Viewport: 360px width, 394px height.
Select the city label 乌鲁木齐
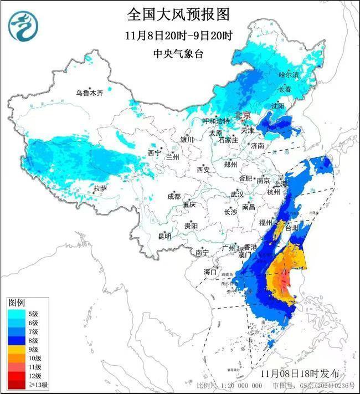[90, 93]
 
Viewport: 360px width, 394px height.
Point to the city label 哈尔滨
[288, 74]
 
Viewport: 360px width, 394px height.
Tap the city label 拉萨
[100, 188]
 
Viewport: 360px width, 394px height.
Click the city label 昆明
[164, 237]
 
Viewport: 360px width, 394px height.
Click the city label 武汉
[237, 195]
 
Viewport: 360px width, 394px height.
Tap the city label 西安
[203, 170]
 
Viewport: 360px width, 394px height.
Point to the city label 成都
[174, 196]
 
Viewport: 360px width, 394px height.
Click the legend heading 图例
[16, 303]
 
